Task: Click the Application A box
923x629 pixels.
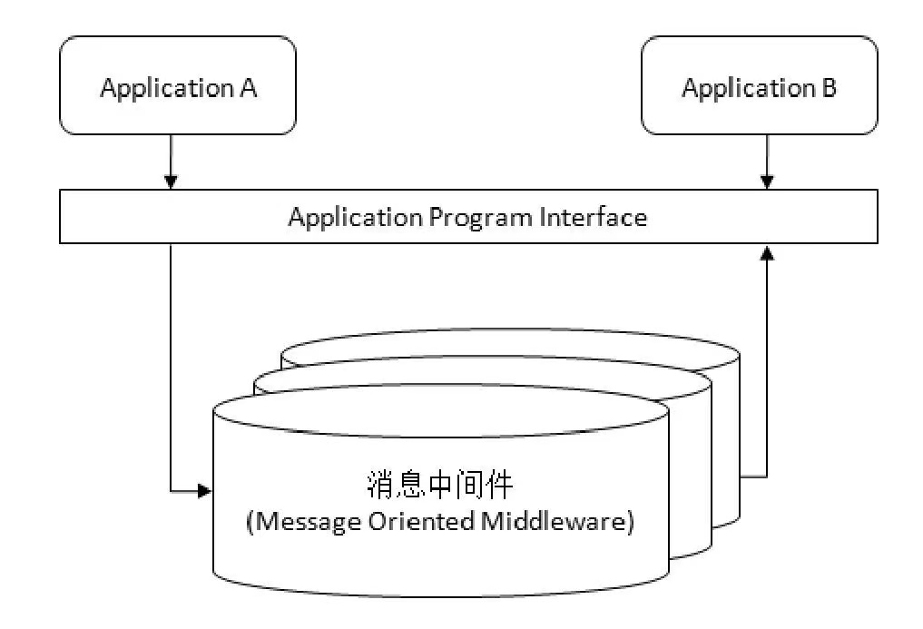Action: (177, 86)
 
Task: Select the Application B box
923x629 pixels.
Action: (759, 86)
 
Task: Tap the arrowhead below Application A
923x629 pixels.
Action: (171, 182)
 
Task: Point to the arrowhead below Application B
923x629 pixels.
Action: (767, 182)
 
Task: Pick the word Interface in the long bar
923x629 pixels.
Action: (594, 217)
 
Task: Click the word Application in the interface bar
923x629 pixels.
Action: (355, 218)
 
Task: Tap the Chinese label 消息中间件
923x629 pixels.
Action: (440, 485)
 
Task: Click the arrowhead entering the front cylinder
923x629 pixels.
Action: (204, 491)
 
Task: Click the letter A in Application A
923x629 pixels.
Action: (249, 88)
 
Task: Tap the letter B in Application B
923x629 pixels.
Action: (829, 88)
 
